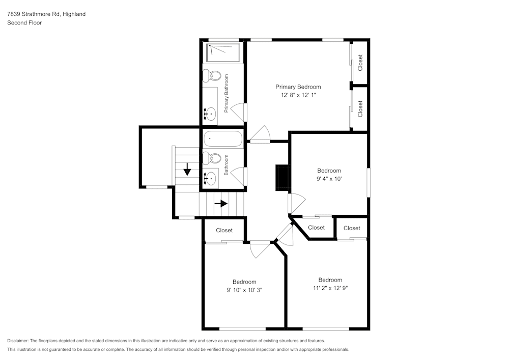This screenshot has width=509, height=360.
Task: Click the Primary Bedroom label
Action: pyautogui.click(x=298, y=87)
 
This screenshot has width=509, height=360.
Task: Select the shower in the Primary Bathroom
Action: pyautogui.click(x=223, y=52)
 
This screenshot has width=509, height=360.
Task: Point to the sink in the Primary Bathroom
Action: pyautogui.click(x=210, y=112)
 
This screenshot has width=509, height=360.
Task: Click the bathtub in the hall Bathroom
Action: pyautogui.click(x=223, y=139)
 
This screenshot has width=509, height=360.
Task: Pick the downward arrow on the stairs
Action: pyautogui.click(x=187, y=169)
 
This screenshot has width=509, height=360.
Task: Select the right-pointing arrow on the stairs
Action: pyautogui.click(x=221, y=204)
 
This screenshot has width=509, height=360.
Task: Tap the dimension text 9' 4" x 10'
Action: pyautogui.click(x=329, y=179)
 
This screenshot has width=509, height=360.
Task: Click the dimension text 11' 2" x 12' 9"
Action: pyautogui.click(x=330, y=288)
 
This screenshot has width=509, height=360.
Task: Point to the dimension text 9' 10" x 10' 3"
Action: pyautogui.click(x=244, y=290)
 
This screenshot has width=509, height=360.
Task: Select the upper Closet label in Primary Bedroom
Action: pyautogui.click(x=360, y=62)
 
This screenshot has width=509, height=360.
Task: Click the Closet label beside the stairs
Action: pyautogui.click(x=224, y=230)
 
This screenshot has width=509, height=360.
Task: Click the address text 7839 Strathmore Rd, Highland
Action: pyautogui.click(x=46, y=14)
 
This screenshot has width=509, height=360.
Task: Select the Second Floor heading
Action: pyautogui.click(x=24, y=23)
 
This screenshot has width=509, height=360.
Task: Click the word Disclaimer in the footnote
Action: pyautogui.click(x=18, y=341)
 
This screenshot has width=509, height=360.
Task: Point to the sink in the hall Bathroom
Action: pyautogui.click(x=210, y=178)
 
